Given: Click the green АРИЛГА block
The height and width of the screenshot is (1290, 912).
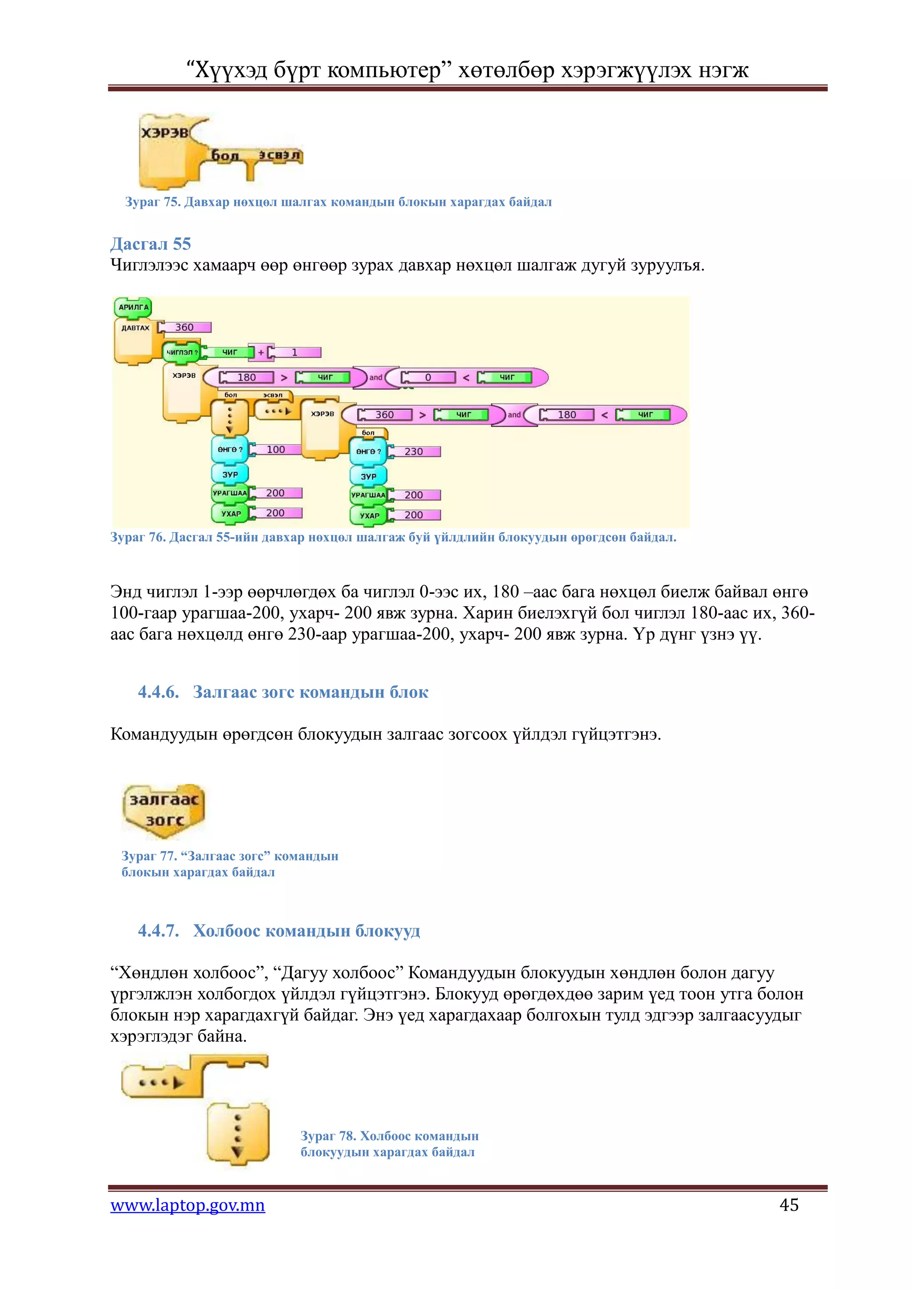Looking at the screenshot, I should click(x=133, y=307).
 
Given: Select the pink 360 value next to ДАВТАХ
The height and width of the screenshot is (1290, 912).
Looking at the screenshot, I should click(x=185, y=327).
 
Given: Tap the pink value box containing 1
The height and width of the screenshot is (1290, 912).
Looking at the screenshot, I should click(x=295, y=352).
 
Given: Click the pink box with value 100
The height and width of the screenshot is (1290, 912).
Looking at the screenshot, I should click(x=275, y=449).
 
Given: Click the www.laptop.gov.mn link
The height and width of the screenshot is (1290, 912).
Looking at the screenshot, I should click(x=187, y=1205).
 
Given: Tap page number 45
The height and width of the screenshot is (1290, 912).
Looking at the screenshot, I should click(x=789, y=1204).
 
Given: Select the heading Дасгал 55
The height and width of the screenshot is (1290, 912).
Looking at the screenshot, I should click(x=151, y=244).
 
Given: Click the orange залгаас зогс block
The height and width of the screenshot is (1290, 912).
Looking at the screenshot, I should click(x=163, y=810).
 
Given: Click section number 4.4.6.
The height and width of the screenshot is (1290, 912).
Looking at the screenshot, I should click(x=159, y=692).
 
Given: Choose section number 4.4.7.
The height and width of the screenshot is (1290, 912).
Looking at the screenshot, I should click(x=159, y=931).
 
